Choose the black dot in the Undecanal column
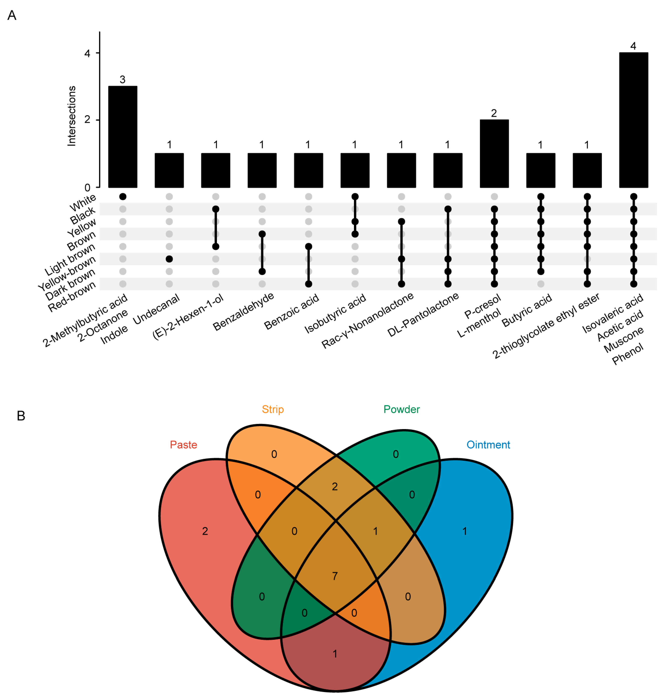click(169, 259)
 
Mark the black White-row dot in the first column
click(123, 197)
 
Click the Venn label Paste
click(183, 444)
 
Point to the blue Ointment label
click(488, 444)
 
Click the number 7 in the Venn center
click(335, 576)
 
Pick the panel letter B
click(21, 416)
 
